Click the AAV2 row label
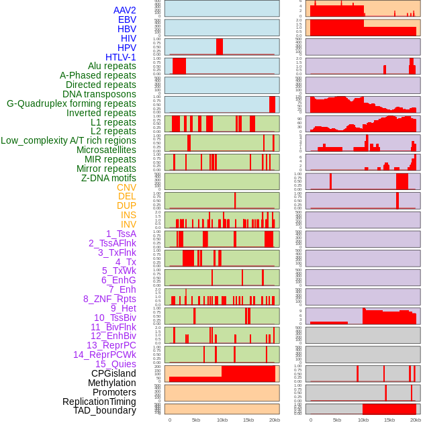pos(124,10)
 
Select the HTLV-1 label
pos(120,57)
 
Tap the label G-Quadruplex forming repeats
pos(71,103)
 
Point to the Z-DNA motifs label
pos(108,178)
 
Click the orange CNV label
pos(126,187)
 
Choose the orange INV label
pos(128,224)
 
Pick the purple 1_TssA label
pos(121,234)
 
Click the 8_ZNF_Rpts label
pos(109,299)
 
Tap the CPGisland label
pos(113,373)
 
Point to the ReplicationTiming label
pos(99,402)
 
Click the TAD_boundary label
pos(105,410)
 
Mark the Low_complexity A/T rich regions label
pos(68,140)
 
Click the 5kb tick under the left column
pos(196,420)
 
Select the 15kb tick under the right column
pos(389,420)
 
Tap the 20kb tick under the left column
pos(275,420)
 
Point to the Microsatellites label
pos(106,150)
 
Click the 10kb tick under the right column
pos(363,420)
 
